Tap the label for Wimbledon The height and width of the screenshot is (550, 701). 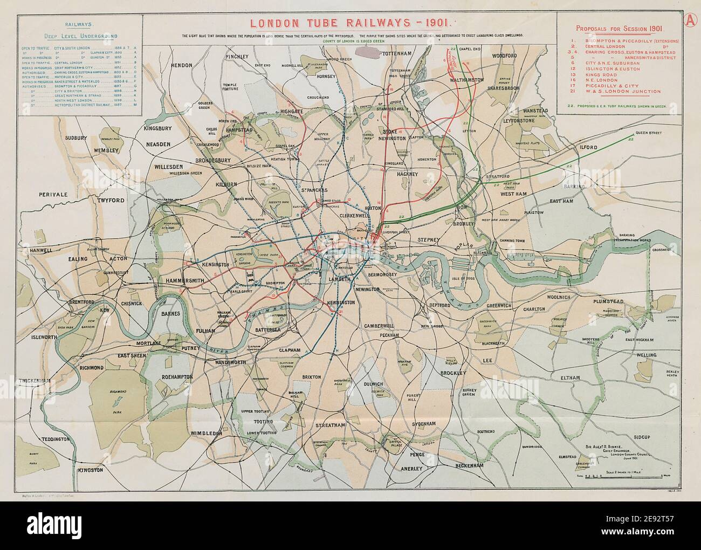(205, 433)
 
